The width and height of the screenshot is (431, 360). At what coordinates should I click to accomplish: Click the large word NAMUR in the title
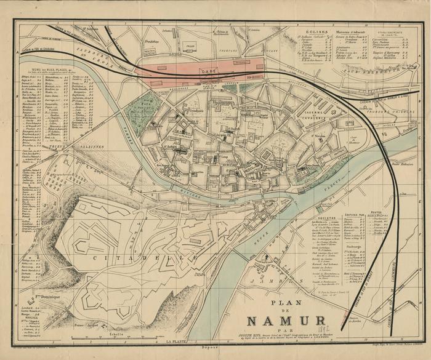click(x=286, y=321)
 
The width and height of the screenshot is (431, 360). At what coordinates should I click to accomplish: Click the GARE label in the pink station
click(x=207, y=71)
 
